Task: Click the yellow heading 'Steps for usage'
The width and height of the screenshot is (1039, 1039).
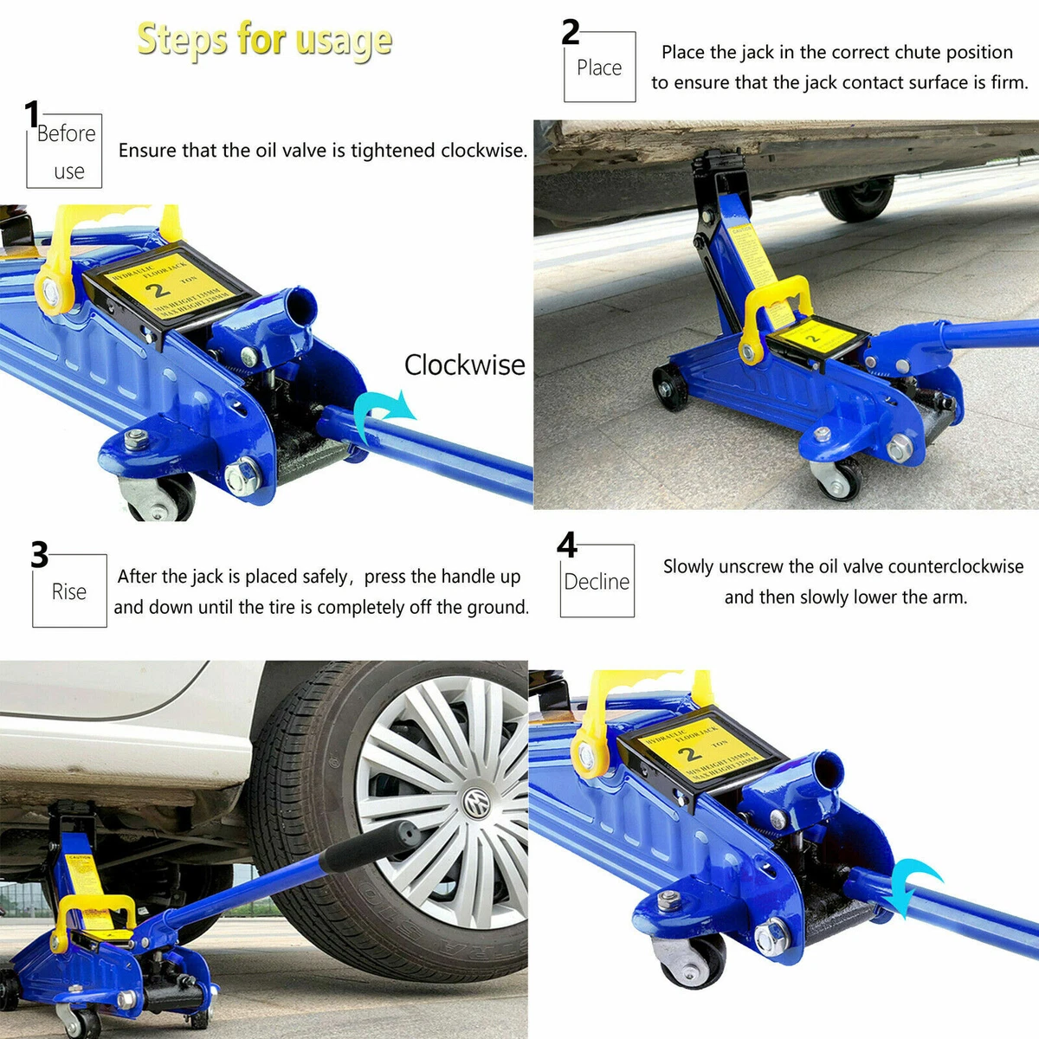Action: coord(264,40)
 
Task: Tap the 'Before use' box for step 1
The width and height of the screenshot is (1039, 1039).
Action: coord(65,152)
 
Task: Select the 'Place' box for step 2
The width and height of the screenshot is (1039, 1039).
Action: coord(599,68)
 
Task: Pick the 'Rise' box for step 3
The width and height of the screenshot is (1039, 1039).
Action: coord(69,591)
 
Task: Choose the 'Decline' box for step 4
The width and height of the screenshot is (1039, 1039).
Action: coord(597,581)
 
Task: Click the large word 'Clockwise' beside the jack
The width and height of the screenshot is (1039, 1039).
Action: coord(464,365)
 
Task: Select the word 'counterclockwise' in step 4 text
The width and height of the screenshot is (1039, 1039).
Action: coord(956,566)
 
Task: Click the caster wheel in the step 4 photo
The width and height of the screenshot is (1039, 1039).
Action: coord(693,959)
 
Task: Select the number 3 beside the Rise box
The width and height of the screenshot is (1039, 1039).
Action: coord(40,554)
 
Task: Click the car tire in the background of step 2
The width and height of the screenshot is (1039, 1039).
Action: coord(857,197)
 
